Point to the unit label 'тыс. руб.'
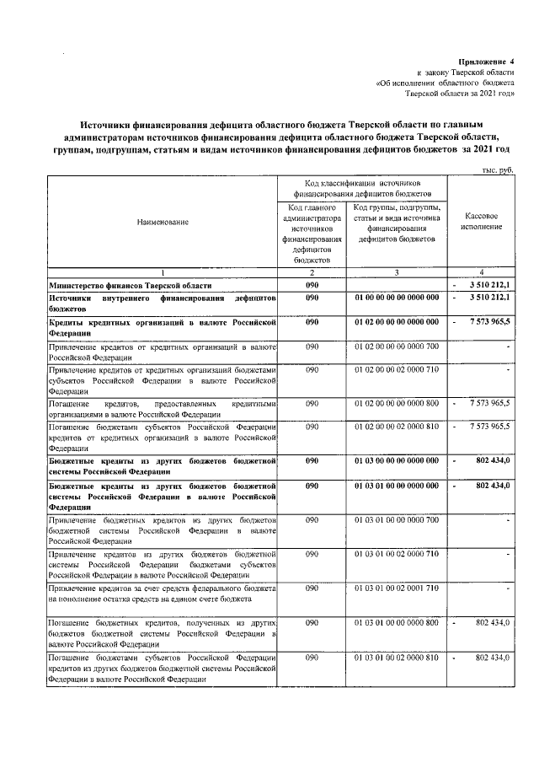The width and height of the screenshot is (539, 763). [x=497, y=169]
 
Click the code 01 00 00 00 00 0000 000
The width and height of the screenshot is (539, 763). [x=396, y=298]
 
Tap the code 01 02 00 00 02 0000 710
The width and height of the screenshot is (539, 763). [x=396, y=369]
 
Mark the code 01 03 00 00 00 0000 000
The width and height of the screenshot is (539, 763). [x=396, y=460]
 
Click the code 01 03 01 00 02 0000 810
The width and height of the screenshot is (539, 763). [x=396, y=657]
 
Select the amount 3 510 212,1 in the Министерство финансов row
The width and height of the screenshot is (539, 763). [x=483, y=287]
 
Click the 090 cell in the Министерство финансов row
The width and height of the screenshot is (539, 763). [x=311, y=287]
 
